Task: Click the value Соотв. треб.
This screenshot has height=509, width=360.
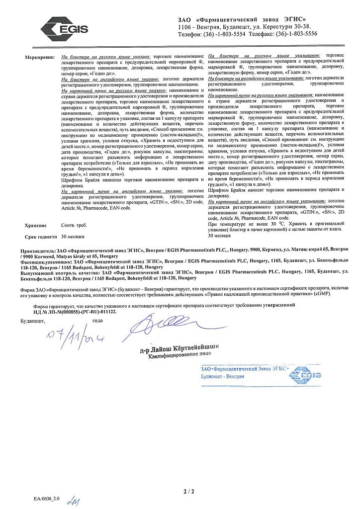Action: click(x=74, y=225)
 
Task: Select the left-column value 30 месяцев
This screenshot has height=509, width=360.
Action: click(x=75, y=237)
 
